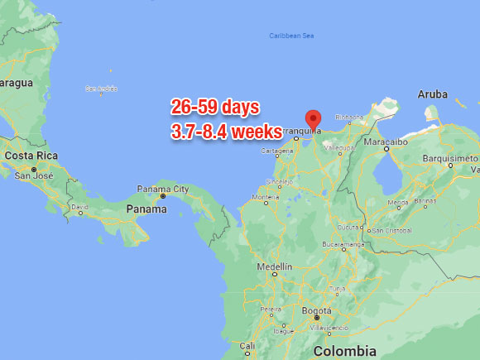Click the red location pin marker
(313, 119)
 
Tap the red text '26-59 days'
(215, 107)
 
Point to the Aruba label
(432, 94)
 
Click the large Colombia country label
(345, 351)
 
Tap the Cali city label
(247, 345)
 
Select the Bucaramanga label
(343, 245)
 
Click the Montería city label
(266, 198)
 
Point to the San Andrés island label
(97, 89)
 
